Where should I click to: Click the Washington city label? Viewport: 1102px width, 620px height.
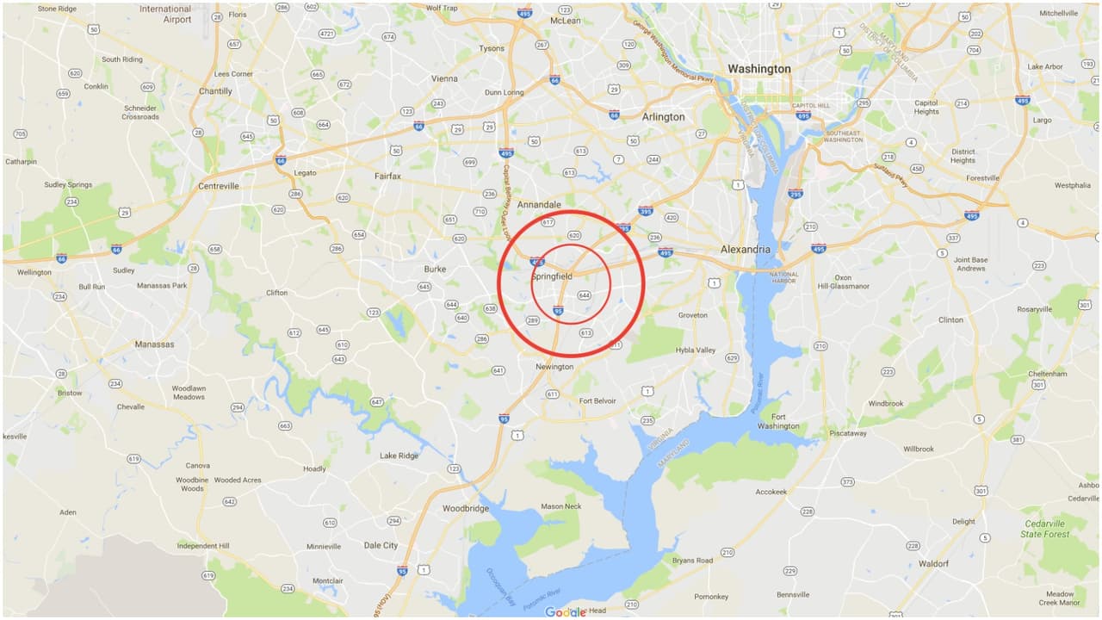pyautogui.click(x=758, y=69)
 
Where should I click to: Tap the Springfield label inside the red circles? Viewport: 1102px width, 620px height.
pyautogui.click(x=552, y=276)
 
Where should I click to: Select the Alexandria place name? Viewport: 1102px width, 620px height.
pyautogui.click(x=745, y=250)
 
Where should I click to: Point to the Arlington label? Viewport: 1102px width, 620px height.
pyautogui.click(x=663, y=117)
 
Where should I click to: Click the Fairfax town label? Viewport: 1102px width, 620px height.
pyautogui.click(x=387, y=177)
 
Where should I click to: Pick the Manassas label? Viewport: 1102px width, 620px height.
pyautogui.click(x=154, y=344)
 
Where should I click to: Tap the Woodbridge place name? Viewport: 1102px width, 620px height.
pyautogui.click(x=465, y=509)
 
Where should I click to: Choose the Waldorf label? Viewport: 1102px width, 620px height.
pyautogui.click(x=933, y=564)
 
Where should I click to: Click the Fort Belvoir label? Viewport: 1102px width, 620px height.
pyautogui.click(x=597, y=401)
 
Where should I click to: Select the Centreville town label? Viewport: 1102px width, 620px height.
pyautogui.click(x=219, y=186)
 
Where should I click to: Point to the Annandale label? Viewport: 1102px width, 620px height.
pyautogui.click(x=540, y=205)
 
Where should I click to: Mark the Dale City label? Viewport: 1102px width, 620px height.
pyautogui.click(x=381, y=545)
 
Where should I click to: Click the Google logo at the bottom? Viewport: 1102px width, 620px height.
pyautogui.click(x=565, y=611)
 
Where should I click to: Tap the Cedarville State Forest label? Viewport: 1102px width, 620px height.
pyautogui.click(x=1044, y=529)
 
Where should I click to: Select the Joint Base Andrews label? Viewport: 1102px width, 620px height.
pyautogui.click(x=970, y=263)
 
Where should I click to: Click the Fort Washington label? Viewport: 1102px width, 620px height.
pyautogui.click(x=778, y=421)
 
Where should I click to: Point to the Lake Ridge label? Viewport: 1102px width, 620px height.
pyautogui.click(x=399, y=456)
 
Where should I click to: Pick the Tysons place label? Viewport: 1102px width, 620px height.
pyautogui.click(x=492, y=48)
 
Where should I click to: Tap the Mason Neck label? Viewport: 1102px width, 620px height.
pyautogui.click(x=560, y=506)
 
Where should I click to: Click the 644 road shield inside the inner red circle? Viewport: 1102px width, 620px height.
pyautogui.click(x=585, y=295)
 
